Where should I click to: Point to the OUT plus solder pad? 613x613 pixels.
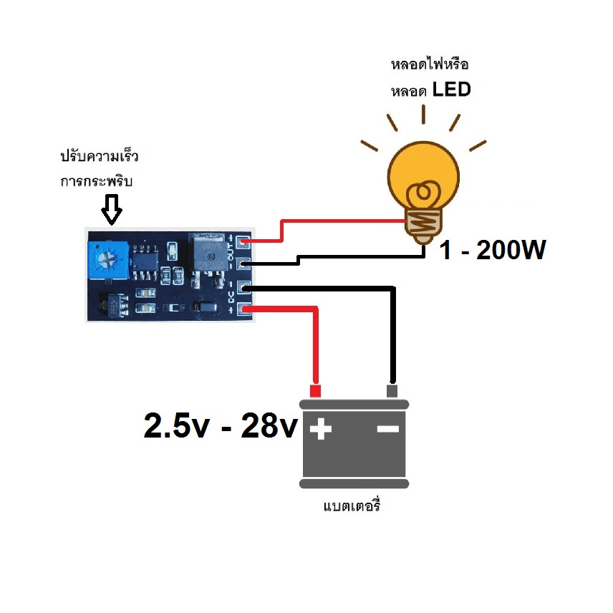click(243, 242)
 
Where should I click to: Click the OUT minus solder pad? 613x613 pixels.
click(243, 264)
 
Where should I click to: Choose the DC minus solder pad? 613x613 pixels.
click(243, 288)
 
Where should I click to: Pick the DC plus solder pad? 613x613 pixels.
click(243, 309)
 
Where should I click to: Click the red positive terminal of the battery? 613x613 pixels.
click(314, 391)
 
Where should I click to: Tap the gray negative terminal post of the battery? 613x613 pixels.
click(392, 391)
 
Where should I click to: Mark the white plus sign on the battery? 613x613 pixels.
click(321, 430)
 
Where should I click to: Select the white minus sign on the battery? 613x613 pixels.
click(387, 429)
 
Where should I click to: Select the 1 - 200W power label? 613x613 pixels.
click(493, 250)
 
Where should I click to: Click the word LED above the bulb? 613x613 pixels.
click(452, 91)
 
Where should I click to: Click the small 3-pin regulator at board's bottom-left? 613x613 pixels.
click(113, 306)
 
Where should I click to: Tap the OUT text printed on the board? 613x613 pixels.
click(231, 253)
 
